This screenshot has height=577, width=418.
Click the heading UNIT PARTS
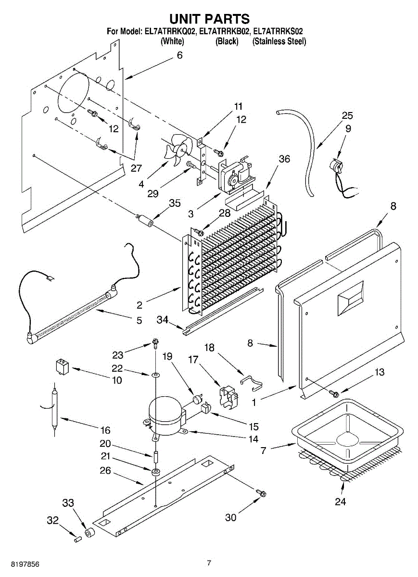tap(209, 19)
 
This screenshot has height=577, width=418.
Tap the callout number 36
tap(284, 159)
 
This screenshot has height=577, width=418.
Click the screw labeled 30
tap(262, 493)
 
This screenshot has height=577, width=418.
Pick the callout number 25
tap(347, 115)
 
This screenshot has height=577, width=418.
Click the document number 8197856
tap(20, 563)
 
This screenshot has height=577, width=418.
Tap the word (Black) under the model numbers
tap(227, 41)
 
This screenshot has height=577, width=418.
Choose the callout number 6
tap(179, 55)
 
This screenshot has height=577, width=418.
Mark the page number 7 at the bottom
tap(209, 563)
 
